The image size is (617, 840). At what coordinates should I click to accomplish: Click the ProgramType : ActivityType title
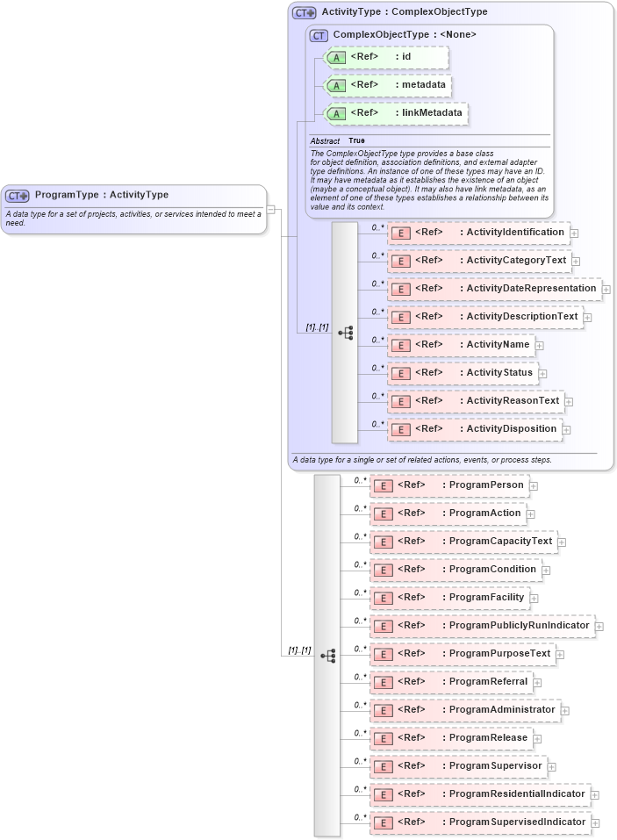click(101, 195)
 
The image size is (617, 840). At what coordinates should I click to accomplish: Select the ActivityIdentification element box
click(479, 233)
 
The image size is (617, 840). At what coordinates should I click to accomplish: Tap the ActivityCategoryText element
click(479, 261)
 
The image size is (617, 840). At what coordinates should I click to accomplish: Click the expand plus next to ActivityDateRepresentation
click(606, 289)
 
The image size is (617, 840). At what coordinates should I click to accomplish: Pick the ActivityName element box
click(462, 345)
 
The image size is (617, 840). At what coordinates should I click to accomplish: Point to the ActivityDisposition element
click(475, 429)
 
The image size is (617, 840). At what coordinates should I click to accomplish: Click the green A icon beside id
click(335, 58)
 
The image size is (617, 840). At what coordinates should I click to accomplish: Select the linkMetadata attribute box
click(396, 114)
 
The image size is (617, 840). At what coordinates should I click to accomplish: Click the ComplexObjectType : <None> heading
click(405, 35)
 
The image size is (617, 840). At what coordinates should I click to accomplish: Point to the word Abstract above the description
click(325, 141)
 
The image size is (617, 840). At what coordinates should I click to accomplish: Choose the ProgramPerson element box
click(448, 485)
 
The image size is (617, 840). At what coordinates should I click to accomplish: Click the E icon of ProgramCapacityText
click(382, 542)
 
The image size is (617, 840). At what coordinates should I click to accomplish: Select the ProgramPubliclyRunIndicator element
click(482, 626)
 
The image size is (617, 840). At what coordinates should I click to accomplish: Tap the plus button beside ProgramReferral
click(537, 682)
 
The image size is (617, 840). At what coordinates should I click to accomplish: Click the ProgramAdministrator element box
click(465, 710)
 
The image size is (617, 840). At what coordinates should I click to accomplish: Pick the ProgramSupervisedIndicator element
click(480, 822)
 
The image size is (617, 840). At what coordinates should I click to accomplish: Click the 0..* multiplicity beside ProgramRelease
click(360, 733)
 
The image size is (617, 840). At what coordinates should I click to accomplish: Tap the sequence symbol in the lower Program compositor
click(329, 655)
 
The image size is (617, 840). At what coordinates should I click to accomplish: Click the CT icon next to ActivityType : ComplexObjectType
click(305, 13)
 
